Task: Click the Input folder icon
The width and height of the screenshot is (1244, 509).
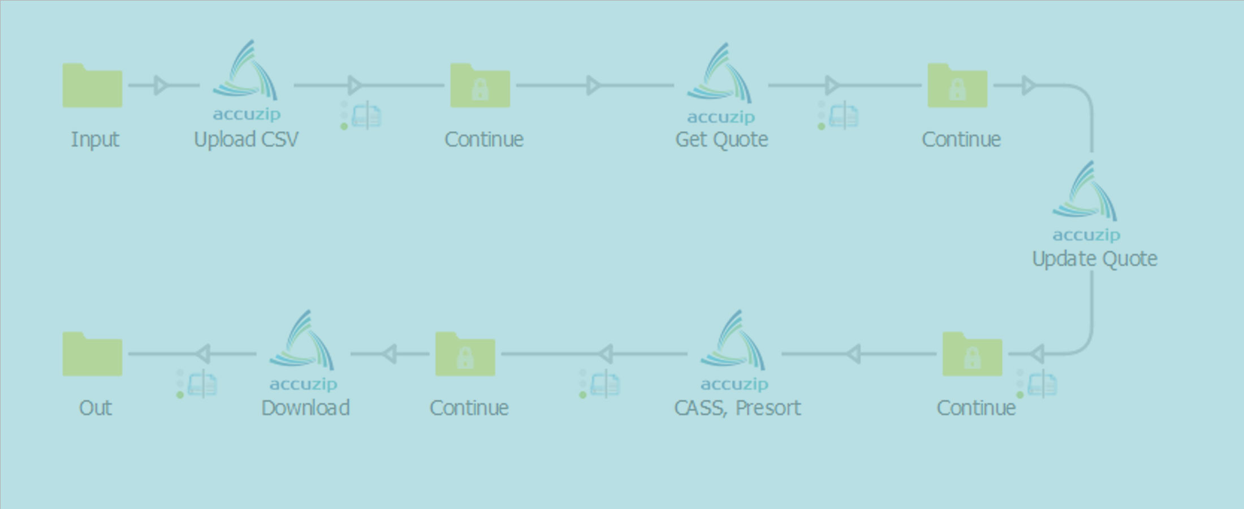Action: point(92,86)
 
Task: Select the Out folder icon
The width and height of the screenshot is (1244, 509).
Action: point(92,355)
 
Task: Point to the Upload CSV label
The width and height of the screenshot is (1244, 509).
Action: point(246,140)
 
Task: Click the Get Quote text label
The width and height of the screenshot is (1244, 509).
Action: point(722,140)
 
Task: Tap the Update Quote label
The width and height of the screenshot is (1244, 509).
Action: point(1095,259)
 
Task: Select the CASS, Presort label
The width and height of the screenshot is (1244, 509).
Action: point(737,408)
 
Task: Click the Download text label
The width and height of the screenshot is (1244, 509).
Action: point(305,408)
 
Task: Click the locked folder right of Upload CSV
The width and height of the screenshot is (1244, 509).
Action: point(480,86)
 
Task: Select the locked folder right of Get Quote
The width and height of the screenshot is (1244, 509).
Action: point(957,86)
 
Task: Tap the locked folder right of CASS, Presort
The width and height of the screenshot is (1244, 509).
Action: point(972,355)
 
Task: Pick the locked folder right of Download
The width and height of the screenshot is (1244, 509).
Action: point(465,355)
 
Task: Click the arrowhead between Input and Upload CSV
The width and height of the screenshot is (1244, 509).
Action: point(161,85)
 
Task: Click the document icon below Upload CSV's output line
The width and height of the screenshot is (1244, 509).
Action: point(366,116)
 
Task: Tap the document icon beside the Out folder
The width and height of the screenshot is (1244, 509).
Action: point(202,385)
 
